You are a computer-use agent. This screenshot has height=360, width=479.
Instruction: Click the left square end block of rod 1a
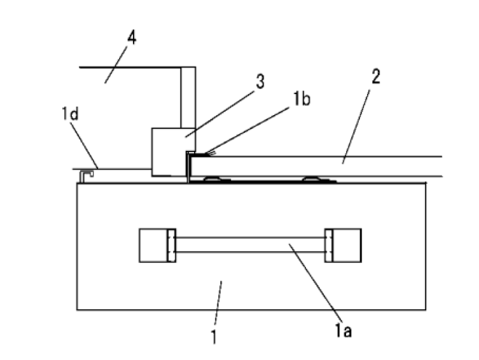[153, 245]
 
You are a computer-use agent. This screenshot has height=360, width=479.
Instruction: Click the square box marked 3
[168, 152]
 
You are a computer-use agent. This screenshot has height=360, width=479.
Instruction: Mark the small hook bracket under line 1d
[87, 174]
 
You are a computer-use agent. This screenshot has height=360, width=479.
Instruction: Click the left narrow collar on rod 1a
[171, 245]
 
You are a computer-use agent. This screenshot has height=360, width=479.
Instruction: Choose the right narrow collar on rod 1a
[328, 245]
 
